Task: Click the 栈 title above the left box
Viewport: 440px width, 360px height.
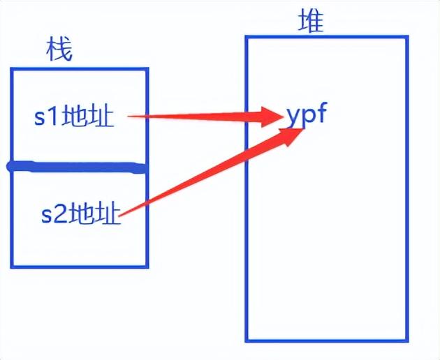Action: click(59, 51)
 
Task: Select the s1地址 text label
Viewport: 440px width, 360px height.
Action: click(74, 117)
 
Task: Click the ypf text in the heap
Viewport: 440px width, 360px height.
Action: click(306, 114)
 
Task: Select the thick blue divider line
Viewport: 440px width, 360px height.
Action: click(77, 167)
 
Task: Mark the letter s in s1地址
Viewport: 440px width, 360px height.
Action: click(40, 118)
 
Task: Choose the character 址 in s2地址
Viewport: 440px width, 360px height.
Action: click(108, 213)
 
